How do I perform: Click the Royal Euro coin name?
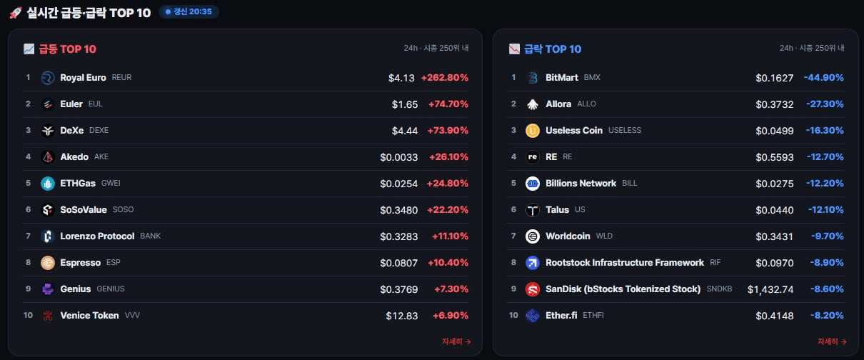[83, 78]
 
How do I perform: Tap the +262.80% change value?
[445, 78]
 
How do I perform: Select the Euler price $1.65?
[405, 104]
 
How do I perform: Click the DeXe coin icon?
[48, 131]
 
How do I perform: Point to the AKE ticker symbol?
[101, 156]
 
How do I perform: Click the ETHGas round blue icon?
[48, 184]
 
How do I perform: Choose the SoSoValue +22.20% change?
[448, 209]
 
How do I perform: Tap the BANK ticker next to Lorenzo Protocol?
[151, 236]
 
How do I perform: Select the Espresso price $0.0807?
[399, 263]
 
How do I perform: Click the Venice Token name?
[89, 315]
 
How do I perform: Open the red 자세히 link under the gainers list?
[456, 341]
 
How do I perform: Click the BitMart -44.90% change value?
[823, 78]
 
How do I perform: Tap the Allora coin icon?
[533, 104]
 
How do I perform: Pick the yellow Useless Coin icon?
[533, 131]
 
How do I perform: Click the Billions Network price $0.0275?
[775, 184]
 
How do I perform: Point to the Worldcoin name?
[568, 236]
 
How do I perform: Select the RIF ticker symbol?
[715, 262]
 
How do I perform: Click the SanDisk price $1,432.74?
[770, 289]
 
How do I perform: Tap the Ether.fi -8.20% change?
[827, 315]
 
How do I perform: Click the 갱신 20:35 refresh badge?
[189, 11]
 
